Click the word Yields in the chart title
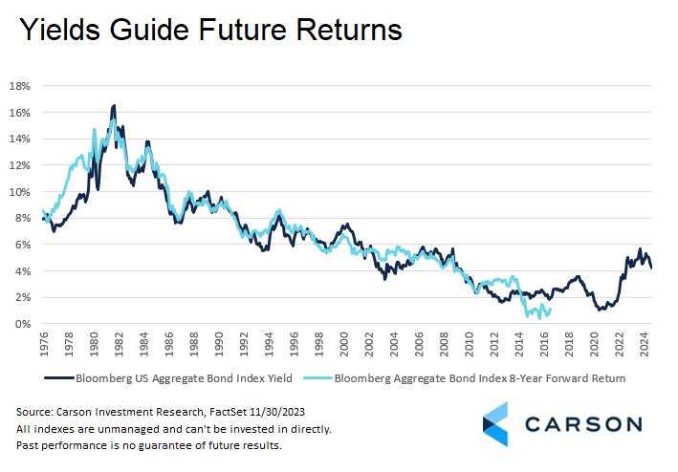coord(60,30)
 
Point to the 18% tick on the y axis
coord(20,86)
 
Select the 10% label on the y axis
coord(20,192)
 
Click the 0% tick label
coord(23,324)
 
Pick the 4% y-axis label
coord(23,271)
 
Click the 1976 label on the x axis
coord(45,344)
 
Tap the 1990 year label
coord(219,344)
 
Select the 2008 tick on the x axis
coord(445,344)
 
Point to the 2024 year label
coord(645,344)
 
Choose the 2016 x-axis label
coord(545,344)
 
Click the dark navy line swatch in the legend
coord(59,378)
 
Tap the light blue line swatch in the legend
coord(317,378)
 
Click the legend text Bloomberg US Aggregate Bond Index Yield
coord(184,378)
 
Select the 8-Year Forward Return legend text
coord(567,378)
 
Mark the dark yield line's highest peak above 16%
coord(114,105)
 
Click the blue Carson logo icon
coord(495,423)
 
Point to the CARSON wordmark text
coord(583,424)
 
